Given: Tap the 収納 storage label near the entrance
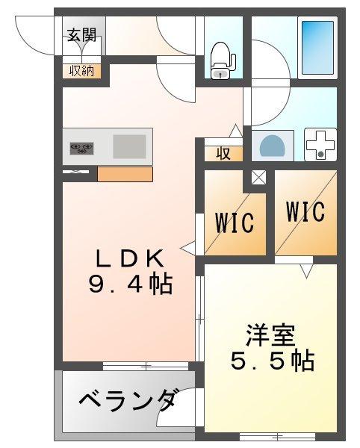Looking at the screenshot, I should [82, 71].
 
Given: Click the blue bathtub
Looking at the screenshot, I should [317, 46].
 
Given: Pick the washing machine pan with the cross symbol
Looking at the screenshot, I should [321, 144].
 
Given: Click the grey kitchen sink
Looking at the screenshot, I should [128, 146].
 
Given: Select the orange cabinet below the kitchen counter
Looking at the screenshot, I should [125, 175].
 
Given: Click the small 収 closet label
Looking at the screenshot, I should [223, 154].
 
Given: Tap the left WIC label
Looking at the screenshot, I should [235, 222].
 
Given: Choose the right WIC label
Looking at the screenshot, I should [305, 212].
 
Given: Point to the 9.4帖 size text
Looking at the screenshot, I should [128, 284].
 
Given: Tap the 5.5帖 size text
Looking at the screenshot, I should [270, 361].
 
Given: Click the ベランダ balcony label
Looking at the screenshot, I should [127, 400].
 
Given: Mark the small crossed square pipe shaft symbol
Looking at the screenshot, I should [258, 178].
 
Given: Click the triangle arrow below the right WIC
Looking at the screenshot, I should [306, 270].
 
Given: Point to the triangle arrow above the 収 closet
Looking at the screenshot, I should [235, 131].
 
